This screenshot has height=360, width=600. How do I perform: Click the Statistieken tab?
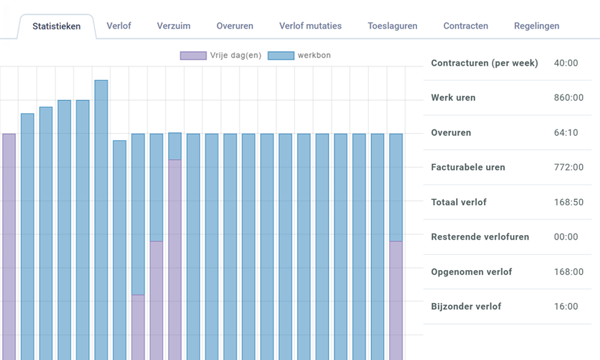[x=56, y=26]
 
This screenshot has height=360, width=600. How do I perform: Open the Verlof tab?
[x=119, y=26]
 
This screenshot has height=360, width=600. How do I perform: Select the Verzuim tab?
[x=174, y=26]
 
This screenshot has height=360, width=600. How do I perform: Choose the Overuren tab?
[x=235, y=26]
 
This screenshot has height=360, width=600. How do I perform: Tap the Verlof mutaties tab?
[x=310, y=26]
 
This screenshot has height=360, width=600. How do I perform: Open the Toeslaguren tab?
[x=392, y=26]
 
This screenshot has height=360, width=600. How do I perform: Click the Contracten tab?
[x=466, y=26]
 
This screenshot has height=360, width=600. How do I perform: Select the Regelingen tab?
[x=536, y=26]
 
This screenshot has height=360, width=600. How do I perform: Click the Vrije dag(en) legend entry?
[x=221, y=56]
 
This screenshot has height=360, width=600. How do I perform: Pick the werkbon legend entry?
[x=298, y=56]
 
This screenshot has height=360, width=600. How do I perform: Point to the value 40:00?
[x=566, y=63]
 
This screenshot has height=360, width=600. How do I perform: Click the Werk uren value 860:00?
[x=568, y=98]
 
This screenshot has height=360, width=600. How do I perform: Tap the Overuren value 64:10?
[x=566, y=133]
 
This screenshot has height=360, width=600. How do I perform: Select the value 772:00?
[x=568, y=167]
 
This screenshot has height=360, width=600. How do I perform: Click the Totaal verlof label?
[x=458, y=202]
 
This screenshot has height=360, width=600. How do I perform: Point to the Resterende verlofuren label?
[x=480, y=237]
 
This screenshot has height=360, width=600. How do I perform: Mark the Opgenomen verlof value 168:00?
[x=568, y=272]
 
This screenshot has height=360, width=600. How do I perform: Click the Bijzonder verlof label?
[x=466, y=307]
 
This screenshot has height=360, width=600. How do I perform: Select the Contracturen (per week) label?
[x=484, y=63]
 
